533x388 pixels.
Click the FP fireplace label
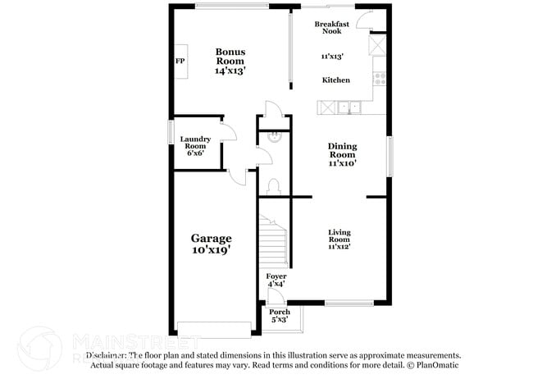point(179,62)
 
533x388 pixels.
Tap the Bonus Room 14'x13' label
point(230,62)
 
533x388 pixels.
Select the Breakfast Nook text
point(332,28)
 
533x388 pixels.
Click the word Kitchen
point(335,80)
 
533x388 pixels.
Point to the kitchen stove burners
point(380,80)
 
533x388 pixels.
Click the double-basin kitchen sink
point(349,107)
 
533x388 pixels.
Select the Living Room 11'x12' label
point(339,239)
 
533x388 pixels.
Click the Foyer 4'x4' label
point(276,280)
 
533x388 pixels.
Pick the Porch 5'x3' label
point(280,315)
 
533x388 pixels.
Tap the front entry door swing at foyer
point(277,296)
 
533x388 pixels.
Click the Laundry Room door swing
point(230,134)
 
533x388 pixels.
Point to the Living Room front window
point(338,304)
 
